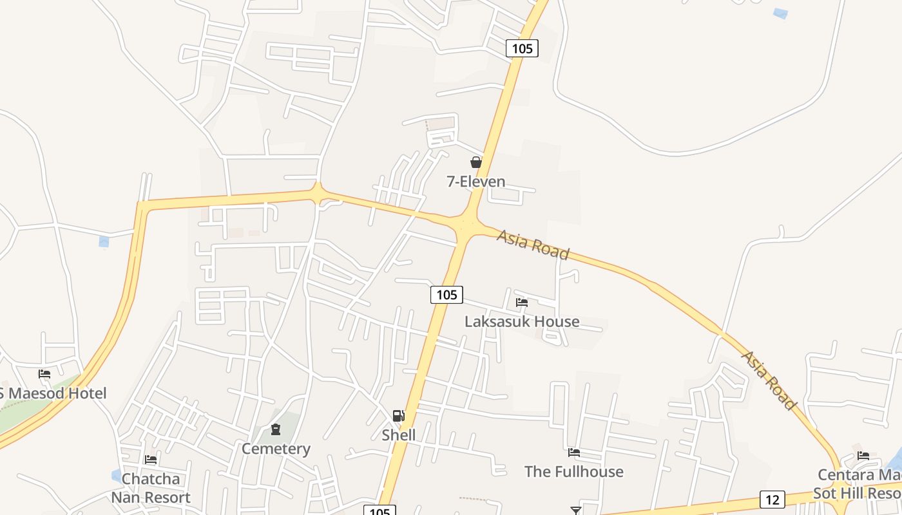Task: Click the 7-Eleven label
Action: pyautogui.click(x=476, y=182)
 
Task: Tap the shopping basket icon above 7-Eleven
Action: pyautogui.click(x=476, y=162)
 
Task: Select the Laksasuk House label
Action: pyautogui.click(x=522, y=321)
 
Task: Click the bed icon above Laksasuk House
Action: pyautogui.click(x=522, y=302)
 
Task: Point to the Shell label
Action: pyautogui.click(x=399, y=435)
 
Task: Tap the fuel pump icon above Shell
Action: pyautogui.click(x=399, y=416)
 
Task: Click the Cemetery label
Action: pyautogui.click(x=276, y=449)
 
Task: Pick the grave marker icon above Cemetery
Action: pyautogui.click(x=276, y=429)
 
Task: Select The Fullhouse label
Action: pyautogui.click(x=574, y=472)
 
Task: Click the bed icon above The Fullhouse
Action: pyautogui.click(x=574, y=453)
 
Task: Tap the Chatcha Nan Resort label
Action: pyautogui.click(x=151, y=488)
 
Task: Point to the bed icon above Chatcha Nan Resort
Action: pyautogui.click(x=151, y=460)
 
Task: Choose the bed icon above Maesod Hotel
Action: pyautogui.click(x=44, y=373)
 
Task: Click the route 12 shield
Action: pyautogui.click(x=772, y=499)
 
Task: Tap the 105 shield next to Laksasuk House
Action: pyautogui.click(x=446, y=295)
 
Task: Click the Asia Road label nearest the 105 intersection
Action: pyautogui.click(x=533, y=245)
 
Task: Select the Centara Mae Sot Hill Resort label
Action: pyautogui.click(x=859, y=484)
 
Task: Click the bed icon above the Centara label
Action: pyautogui.click(x=863, y=456)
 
